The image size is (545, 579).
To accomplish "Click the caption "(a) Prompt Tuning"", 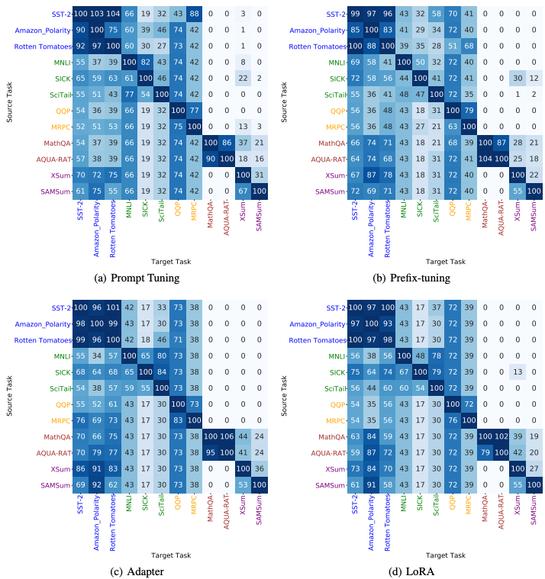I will (x=137, y=278).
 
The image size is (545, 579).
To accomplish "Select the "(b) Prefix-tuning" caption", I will (x=411, y=278).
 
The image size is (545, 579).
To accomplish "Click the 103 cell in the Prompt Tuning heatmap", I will (x=96, y=14).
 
